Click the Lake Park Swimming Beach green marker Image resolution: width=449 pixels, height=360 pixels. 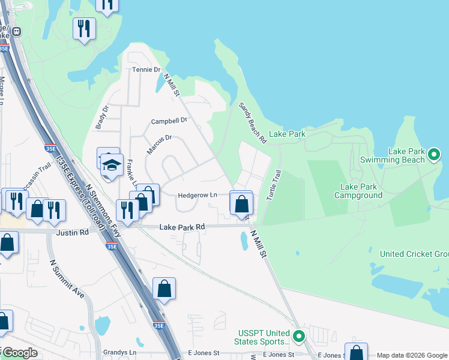[x=435, y=155]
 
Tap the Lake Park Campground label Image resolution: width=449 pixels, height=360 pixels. [x=358, y=191]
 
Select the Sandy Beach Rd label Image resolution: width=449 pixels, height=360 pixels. [x=253, y=123]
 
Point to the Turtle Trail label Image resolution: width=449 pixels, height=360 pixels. [x=274, y=185]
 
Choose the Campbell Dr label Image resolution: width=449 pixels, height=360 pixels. [x=169, y=121]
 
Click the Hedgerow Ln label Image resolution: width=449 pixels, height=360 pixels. [x=197, y=195]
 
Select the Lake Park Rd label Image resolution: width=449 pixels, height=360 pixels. [x=182, y=227]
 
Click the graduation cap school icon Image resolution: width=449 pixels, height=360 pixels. [x=111, y=165]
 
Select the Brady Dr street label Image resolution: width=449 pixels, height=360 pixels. [x=101, y=118]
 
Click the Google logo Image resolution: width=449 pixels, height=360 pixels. [x=19, y=353]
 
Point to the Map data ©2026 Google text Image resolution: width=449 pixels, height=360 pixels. [x=411, y=355]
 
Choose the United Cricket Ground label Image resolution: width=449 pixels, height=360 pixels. [x=414, y=254]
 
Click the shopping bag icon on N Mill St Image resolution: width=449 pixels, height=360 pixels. [x=241, y=203]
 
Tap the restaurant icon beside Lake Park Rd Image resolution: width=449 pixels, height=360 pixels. [x=127, y=208]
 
